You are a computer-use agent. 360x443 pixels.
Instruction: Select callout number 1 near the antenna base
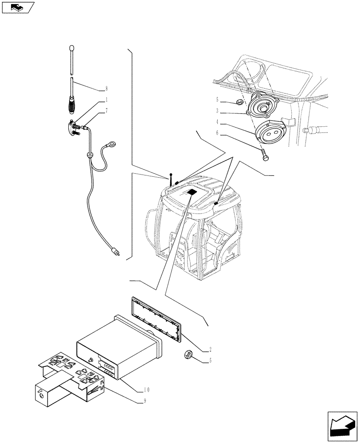pyautogui.click(x=106, y=100)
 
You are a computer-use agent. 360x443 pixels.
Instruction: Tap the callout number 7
pyautogui.click(x=106, y=111)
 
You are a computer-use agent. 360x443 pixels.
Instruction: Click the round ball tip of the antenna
pyautogui.click(x=72, y=47)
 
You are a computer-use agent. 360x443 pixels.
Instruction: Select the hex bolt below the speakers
pyautogui.click(x=265, y=155)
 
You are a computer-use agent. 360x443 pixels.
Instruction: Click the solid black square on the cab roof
pyautogui.click(x=191, y=192)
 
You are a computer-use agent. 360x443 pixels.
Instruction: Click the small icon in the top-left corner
pyautogui.click(x=18, y=7)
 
